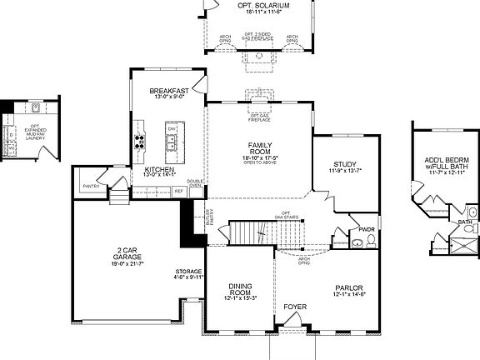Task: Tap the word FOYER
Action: coord(295,307)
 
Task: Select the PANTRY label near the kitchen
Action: coord(92,186)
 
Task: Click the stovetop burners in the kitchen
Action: coord(139,139)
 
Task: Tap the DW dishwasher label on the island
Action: coord(172,130)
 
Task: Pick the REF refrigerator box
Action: coord(178,192)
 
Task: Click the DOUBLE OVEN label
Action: coord(195,183)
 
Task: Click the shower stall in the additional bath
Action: coord(463,242)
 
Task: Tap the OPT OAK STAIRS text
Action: coord(291,216)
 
